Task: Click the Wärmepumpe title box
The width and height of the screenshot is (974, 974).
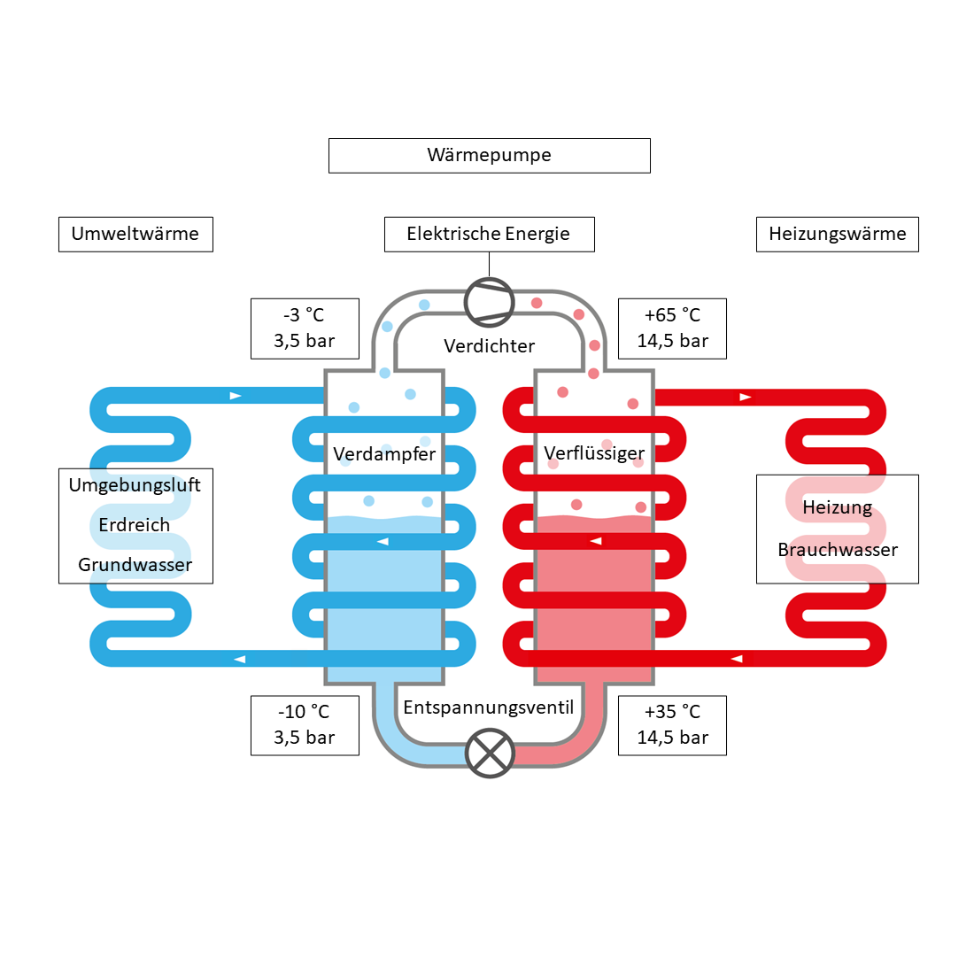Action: tap(489, 156)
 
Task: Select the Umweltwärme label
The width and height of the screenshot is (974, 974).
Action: tap(135, 235)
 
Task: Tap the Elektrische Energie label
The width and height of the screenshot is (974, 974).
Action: tap(489, 235)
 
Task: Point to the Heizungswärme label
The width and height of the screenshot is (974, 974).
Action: tap(837, 235)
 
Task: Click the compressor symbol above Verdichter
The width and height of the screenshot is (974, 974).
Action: tap(490, 302)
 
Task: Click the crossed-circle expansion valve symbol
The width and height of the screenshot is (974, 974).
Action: tap(490, 753)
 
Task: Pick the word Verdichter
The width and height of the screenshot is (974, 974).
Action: tap(490, 346)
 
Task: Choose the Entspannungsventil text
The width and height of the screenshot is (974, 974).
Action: tap(489, 707)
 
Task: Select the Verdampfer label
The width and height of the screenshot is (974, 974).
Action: tap(384, 454)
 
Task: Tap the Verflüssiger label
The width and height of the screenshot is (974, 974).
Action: tap(594, 453)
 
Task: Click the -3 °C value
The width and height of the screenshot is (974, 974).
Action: tap(304, 315)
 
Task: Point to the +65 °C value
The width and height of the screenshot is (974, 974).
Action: tap(672, 315)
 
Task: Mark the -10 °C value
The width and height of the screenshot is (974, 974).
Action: tap(304, 712)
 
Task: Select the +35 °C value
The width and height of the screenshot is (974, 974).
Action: tap(672, 712)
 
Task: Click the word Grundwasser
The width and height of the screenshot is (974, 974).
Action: tap(135, 565)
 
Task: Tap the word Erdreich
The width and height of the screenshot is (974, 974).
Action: tap(135, 525)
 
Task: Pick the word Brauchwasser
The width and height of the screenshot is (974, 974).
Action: tap(838, 550)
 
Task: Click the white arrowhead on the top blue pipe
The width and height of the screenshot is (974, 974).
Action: tap(236, 396)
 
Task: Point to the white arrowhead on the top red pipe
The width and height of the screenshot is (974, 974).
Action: tap(746, 397)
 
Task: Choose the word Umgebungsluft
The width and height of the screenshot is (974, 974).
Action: tap(135, 485)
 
